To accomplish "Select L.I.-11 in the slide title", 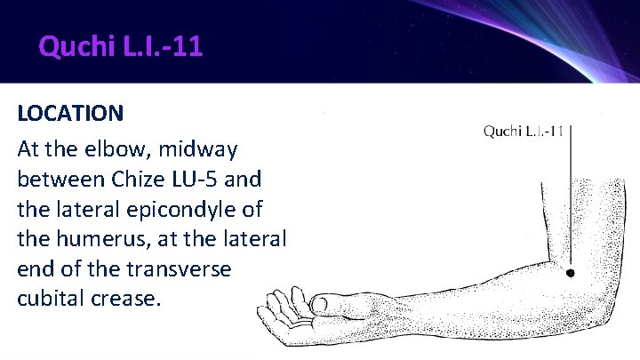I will tap(164, 44).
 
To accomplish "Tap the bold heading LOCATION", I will tap(70, 114).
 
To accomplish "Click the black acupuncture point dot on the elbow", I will tap(571, 273).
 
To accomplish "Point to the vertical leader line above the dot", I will tap(571, 196).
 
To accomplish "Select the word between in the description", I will tap(58, 178).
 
